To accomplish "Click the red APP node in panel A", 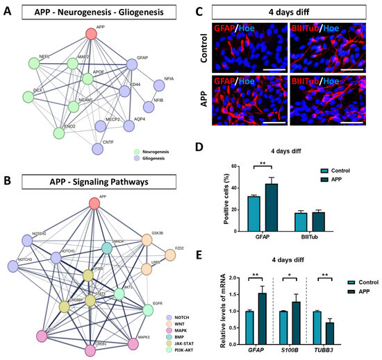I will point(91,33).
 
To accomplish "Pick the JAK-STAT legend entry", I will point(162,338).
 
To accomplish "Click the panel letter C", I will point(199,12).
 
